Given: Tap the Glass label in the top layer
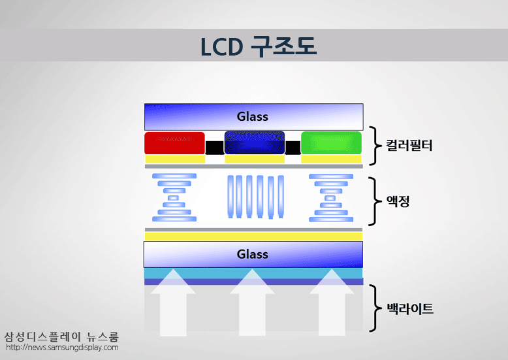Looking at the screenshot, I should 253,117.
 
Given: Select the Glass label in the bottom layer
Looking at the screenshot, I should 253,254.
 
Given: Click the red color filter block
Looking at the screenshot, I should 174,143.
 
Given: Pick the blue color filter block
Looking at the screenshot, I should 254,143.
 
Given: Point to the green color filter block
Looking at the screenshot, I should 331,143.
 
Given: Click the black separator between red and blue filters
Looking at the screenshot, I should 214,148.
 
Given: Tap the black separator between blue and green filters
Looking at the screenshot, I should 293,148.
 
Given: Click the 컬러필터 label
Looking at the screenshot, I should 408,145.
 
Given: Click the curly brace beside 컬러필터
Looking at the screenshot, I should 374,146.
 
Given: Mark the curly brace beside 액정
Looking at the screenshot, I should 374,201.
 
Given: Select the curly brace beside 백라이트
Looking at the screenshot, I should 374,308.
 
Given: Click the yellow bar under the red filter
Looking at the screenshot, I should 174,159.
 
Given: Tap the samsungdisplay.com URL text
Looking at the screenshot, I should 62,348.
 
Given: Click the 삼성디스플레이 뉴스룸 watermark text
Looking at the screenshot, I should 61,337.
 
